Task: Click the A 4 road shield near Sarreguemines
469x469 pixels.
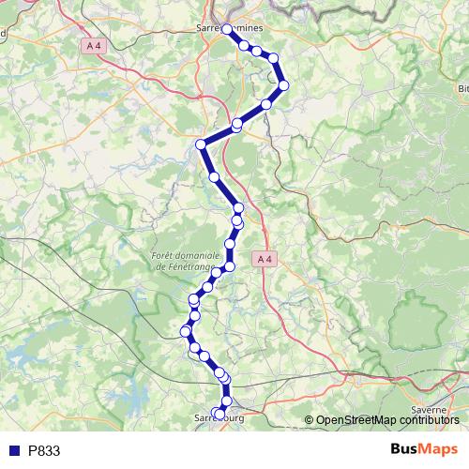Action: pyautogui.click(x=93, y=45)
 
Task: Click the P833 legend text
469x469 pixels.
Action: pyautogui.click(x=44, y=450)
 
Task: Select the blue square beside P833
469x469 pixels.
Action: pyautogui.click(x=14, y=450)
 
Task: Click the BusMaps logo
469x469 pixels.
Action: pyautogui.click(x=425, y=449)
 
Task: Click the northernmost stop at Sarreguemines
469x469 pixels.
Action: pyautogui.click(x=227, y=30)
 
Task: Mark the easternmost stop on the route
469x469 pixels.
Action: pyautogui.click(x=283, y=85)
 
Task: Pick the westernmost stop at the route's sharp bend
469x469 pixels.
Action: pyautogui.click(x=200, y=144)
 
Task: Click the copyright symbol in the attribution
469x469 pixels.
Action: pyautogui.click(x=310, y=419)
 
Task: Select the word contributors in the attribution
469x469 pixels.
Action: pyautogui.click(x=428, y=419)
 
